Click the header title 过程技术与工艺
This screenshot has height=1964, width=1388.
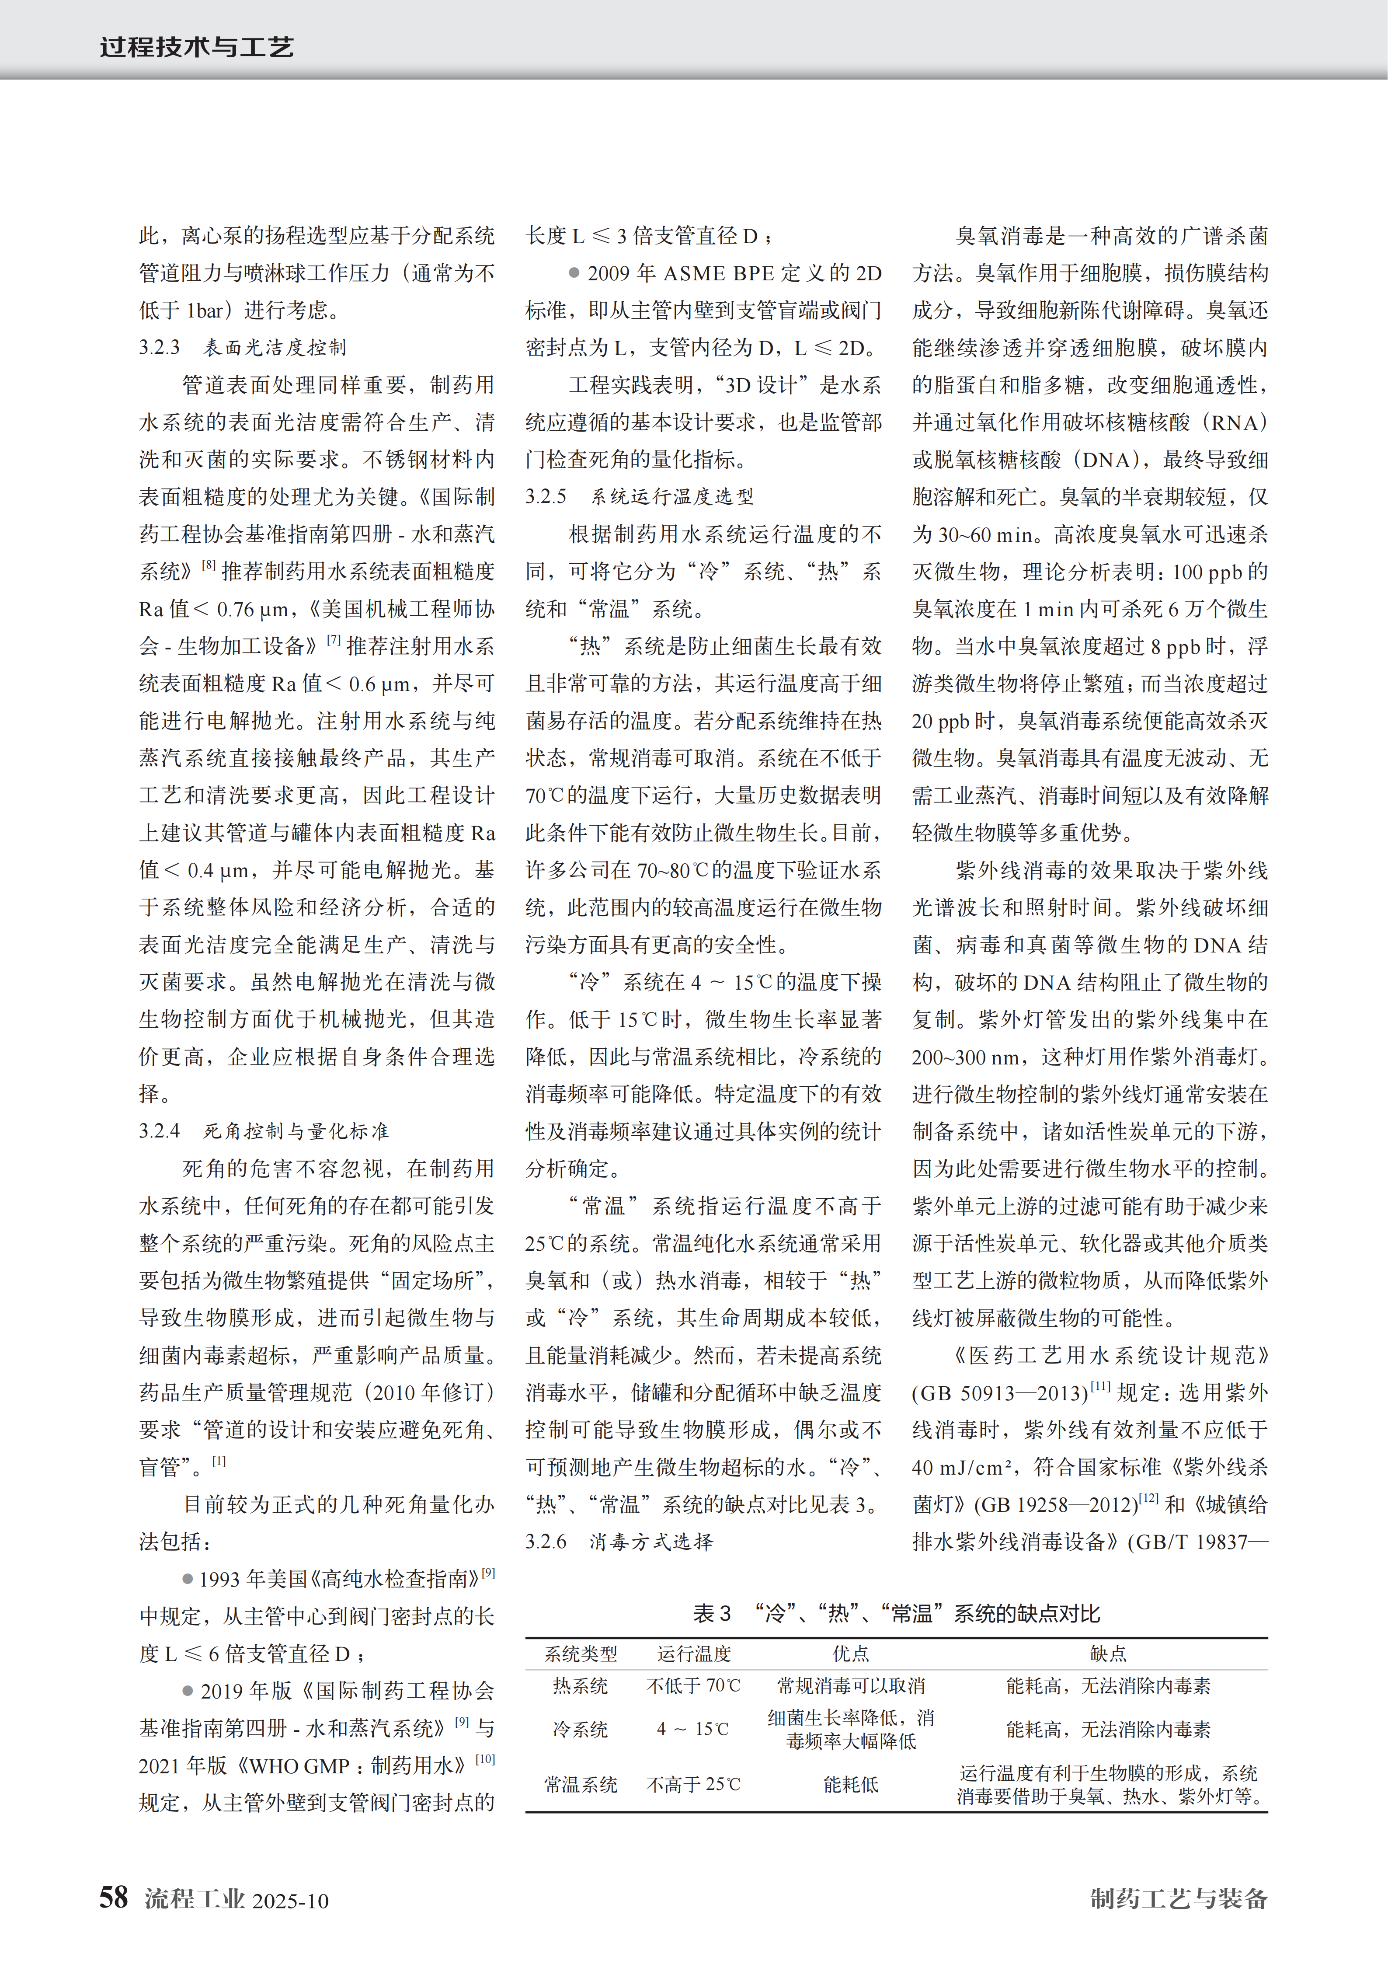[197, 46]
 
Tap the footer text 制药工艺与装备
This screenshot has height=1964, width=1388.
[1179, 1898]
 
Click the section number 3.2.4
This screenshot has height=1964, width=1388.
[160, 1131]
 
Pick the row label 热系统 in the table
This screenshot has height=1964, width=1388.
[581, 1686]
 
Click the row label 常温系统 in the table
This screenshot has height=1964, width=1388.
[581, 1784]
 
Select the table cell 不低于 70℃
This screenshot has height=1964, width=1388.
[694, 1686]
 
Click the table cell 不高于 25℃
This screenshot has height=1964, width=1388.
[694, 1784]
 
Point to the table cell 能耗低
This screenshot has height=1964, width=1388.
[851, 1784]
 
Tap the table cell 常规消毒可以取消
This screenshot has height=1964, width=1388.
[851, 1686]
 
